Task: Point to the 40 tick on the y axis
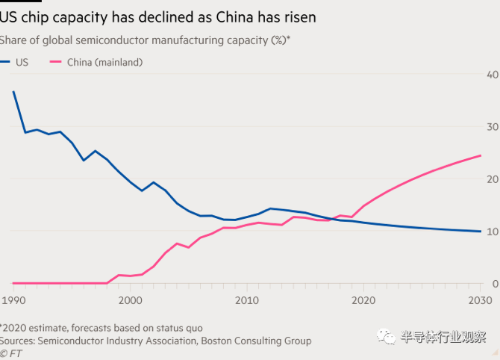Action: pos(492,75)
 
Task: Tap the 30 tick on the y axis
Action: pos(492,127)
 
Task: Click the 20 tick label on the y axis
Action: pos(492,179)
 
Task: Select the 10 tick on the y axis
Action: pos(492,232)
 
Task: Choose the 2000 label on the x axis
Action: pos(130,300)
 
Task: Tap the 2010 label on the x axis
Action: pos(246,300)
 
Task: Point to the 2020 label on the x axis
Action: pos(363,300)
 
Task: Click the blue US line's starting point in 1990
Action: pos(13,92)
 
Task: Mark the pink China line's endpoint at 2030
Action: pos(480,155)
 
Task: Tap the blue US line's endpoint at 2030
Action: pos(480,232)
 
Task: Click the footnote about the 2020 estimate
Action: pos(101,328)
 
